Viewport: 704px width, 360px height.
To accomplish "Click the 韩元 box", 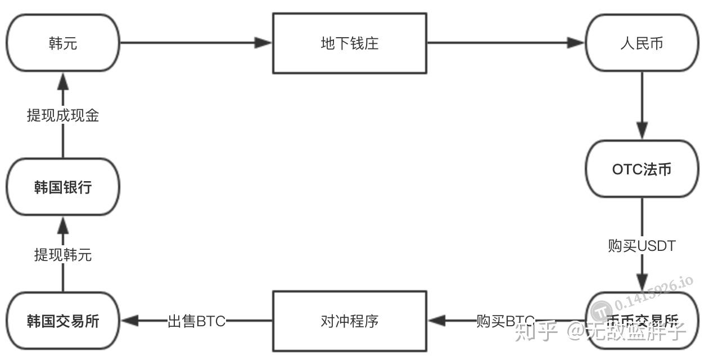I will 63,43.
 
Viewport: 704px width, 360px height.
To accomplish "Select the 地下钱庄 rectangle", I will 349,43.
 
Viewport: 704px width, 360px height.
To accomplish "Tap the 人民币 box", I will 641,43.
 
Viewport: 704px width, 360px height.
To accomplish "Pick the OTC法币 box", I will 641,169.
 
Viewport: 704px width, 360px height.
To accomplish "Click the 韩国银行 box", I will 63,187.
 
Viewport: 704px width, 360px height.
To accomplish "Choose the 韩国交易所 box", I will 63,321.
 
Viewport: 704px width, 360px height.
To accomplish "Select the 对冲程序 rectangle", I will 349,321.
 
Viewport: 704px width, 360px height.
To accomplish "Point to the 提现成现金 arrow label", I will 63,115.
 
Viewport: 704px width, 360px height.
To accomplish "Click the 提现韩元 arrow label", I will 63,255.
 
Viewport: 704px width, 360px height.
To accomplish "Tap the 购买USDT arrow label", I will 641,246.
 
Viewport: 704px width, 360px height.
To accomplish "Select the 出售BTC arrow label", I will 196,321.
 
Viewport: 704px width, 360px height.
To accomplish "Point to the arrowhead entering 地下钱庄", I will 263,43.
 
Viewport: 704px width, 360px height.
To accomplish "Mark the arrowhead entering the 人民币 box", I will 576,43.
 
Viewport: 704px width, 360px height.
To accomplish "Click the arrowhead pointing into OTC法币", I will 642,131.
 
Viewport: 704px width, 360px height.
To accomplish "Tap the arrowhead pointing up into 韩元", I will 63,82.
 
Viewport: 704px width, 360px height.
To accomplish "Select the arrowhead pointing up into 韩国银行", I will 63,226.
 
